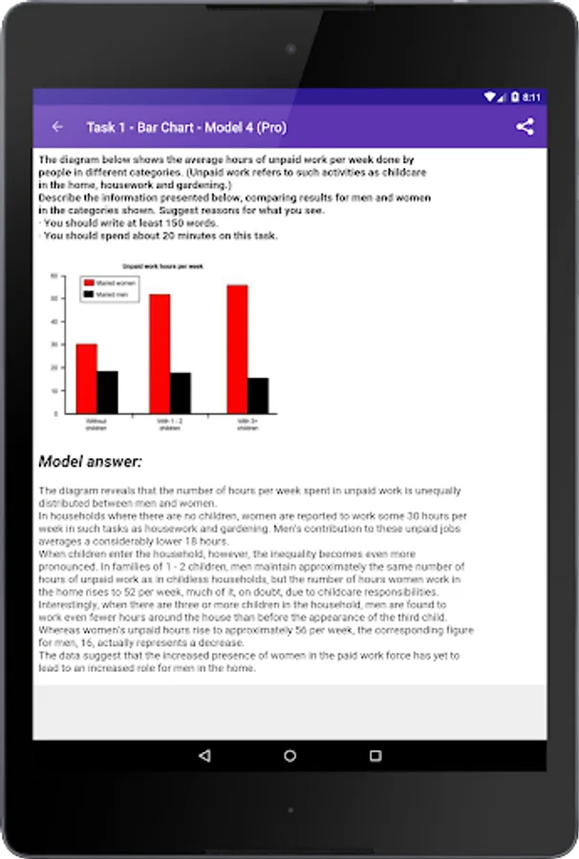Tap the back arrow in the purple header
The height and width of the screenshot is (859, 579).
57,127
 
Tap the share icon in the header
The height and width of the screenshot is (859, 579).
525,127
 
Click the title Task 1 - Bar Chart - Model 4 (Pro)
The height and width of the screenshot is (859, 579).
185,127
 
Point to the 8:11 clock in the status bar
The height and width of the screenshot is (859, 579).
531,97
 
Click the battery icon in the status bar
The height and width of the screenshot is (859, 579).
514,97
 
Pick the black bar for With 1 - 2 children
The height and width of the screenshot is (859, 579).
181,392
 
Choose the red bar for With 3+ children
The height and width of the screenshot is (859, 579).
237,348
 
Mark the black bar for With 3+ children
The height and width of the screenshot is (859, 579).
258,395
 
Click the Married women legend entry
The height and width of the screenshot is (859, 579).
109,283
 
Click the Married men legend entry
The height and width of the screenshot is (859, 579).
107,295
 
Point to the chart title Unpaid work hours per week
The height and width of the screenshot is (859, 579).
162,266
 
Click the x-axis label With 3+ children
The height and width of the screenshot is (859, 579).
247,425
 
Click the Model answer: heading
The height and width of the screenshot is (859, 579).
90,462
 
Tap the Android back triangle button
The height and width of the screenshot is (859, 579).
204,756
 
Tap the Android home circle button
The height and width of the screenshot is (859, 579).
289,756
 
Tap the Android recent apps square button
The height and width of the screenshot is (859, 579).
375,756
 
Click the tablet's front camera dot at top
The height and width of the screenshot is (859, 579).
289,48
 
